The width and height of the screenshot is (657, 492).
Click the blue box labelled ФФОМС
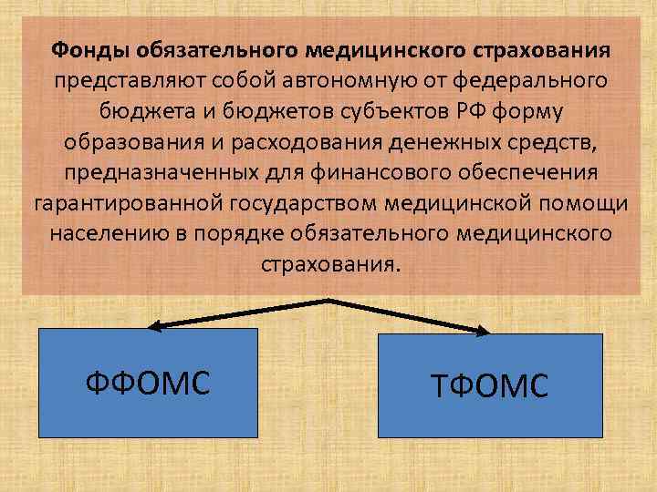click(x=148, y=382)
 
